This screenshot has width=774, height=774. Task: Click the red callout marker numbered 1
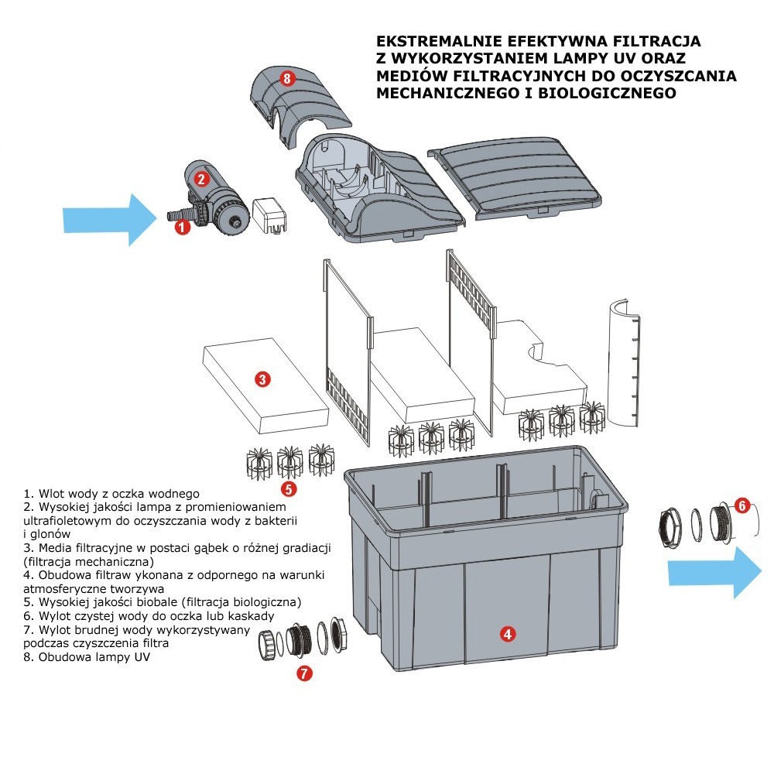pos(182,227)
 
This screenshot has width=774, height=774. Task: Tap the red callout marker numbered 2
pos(201,179)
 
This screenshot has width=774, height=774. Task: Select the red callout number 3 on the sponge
pos(262,379)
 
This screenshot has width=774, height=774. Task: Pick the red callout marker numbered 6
pos(741,506)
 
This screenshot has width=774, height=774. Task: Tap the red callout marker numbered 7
pos(305,673)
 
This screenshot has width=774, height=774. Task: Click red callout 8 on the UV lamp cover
pos(287,78)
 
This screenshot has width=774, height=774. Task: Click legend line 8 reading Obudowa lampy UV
pos(87,658)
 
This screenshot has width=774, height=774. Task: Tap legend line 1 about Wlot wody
pos(112,493)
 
